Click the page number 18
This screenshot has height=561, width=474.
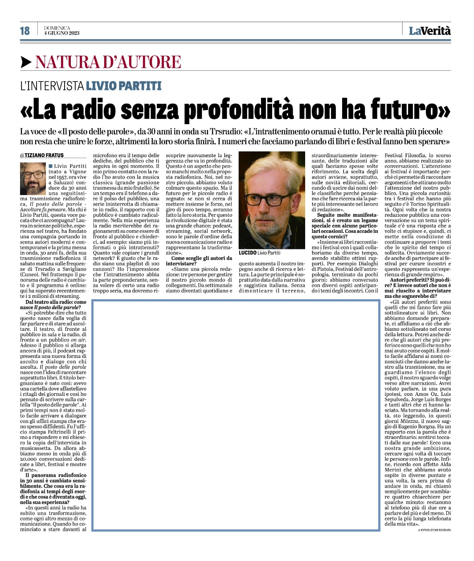[25, 30]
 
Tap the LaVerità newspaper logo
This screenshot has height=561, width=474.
[429, 30]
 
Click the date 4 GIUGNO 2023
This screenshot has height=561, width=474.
[62, 33]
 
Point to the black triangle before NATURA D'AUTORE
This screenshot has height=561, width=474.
[26, 62]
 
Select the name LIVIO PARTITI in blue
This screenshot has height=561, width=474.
[123, 85]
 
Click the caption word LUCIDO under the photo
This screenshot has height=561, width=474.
[247, 252]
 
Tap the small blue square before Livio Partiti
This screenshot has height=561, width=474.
[50, 166]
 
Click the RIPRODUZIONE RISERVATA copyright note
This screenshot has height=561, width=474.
[434, 530]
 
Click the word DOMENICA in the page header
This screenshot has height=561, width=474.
[57, 28]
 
